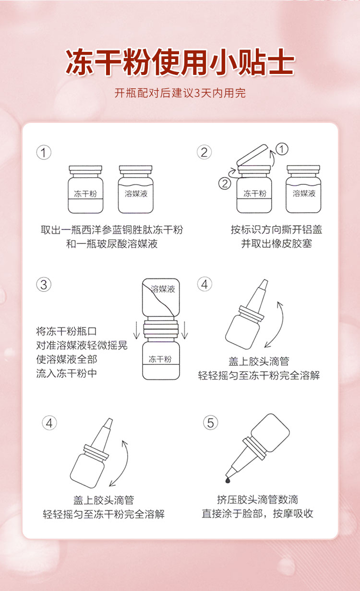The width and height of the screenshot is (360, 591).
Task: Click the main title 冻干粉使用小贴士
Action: point(180,62)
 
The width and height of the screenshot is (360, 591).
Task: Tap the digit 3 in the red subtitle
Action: point(197,93)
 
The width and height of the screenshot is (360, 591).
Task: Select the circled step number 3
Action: point(44,284)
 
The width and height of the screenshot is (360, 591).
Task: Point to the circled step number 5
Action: point(210,422)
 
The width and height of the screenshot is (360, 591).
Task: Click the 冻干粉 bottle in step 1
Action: point(85,190)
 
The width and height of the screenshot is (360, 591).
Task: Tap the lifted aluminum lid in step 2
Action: point(252,155)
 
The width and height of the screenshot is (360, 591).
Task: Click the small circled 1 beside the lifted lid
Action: point(282,149)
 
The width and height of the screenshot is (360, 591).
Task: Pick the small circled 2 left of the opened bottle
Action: point(225,183)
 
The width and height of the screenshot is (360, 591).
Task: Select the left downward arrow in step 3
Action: point(136,330)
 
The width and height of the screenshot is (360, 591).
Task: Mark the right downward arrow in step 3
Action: point(185,330)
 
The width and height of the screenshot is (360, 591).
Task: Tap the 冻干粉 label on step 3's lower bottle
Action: point(160,359)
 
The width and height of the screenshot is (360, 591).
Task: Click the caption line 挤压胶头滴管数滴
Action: point(257,499)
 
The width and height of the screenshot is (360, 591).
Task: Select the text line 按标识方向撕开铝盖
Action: point(276,229)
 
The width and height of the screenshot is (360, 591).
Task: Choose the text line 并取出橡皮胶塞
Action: point(276,243)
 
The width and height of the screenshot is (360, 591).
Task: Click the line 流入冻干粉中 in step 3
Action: point(66,374)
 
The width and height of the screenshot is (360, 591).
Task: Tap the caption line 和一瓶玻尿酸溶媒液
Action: point(112,244)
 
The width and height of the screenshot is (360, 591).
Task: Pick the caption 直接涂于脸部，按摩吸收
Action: point(257,513)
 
